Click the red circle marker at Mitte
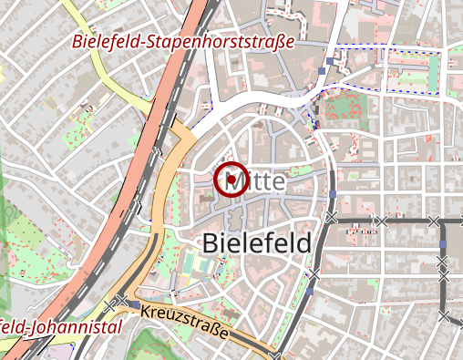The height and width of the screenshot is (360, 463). pos(231,180)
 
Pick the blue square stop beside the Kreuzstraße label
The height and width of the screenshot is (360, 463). pos(135,304)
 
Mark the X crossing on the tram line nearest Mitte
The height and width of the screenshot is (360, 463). pos(330,218)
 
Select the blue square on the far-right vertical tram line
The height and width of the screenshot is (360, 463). pos(442,244)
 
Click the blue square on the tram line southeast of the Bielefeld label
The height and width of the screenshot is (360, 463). pos(311,292)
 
